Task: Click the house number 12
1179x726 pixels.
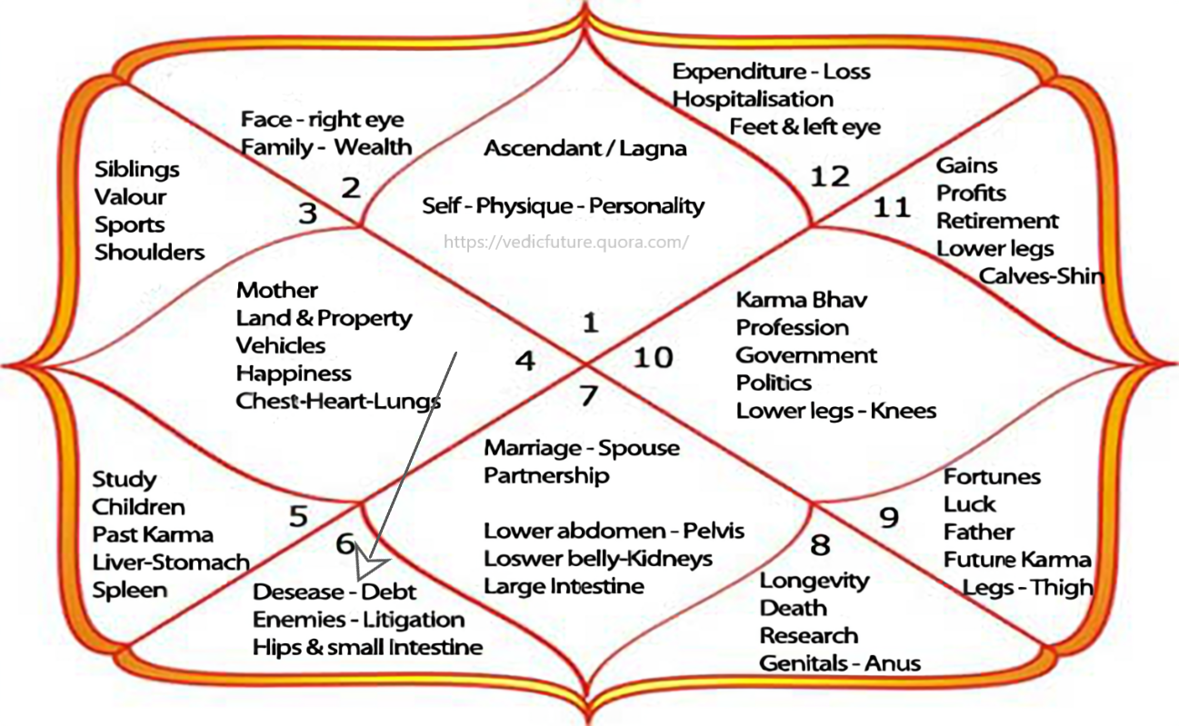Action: (829, 175)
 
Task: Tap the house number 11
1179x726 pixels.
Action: (891, 207)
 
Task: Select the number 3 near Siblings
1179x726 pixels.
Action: (308, 214)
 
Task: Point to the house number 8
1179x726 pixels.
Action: (820, 544)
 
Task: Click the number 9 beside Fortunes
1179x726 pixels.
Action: (889, 517)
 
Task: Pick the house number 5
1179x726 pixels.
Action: (298, 516)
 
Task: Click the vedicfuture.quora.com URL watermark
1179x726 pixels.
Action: (565, 242)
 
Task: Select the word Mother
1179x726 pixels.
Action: (277, 291)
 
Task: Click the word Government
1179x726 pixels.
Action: (806, 354)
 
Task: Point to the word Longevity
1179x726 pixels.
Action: (814, 581)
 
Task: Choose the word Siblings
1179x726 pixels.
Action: (137, 169)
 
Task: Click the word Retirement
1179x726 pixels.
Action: (997, 221)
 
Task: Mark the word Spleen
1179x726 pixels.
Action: (130, 590)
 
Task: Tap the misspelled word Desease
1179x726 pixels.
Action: (298, 592)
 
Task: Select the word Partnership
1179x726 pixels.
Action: (546, 475)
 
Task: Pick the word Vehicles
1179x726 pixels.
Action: (281, 345)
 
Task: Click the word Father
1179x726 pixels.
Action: (978, 532)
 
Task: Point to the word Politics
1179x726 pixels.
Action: (774, 383)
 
